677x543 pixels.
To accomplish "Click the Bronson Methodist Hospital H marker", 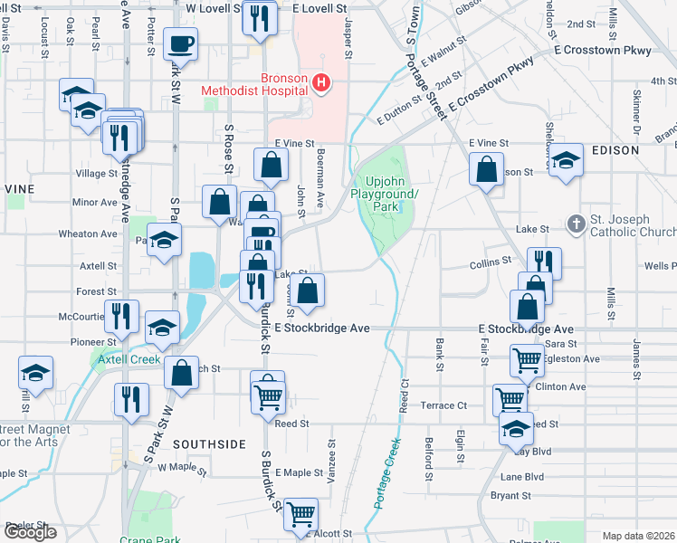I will click(320, 84).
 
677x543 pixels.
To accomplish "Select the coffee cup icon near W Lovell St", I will click(181, 43).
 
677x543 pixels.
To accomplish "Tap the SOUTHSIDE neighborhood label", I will click(209, 444).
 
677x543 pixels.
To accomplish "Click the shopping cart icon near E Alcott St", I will click(300, 513).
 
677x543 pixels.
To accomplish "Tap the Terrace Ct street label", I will click(449, 405).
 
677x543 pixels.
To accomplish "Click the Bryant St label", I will click(510, 495).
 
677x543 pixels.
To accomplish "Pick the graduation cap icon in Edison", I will click(567, 160).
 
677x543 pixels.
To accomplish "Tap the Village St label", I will click(97, 173).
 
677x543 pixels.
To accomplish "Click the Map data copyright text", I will click(637, 535).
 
